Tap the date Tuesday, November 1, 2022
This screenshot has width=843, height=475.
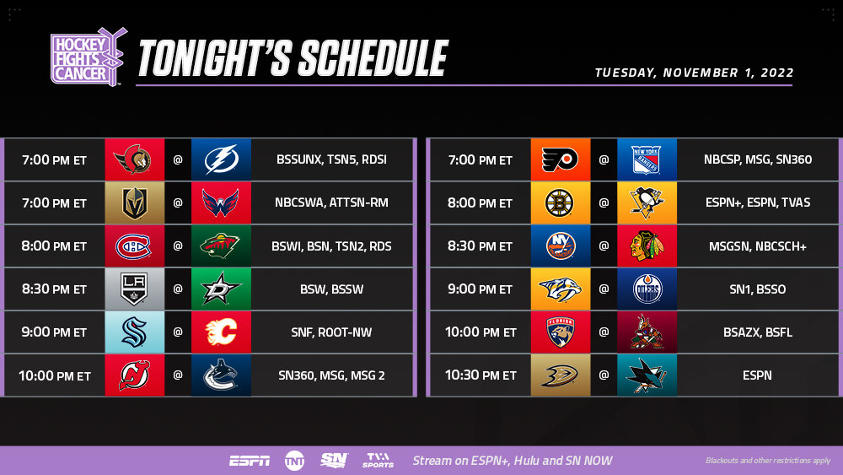(x=694, y=73)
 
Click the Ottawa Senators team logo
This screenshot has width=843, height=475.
(x=132, y=159)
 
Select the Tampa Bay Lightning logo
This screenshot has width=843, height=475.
(x=221, y=159)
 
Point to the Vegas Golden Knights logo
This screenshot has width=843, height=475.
(x=134, y=202)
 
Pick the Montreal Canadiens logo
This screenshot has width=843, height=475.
(x=133, y=246)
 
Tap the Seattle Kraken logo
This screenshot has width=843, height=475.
(x=134, y=332)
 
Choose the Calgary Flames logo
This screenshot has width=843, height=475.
(x=221, y=332)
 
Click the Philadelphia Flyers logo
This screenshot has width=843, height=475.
(x=560, y=159)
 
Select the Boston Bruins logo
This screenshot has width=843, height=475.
(x=560, y=202)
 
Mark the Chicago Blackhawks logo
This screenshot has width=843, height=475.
(x=647, y=246)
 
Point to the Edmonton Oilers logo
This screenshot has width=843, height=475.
(x=647, y=289)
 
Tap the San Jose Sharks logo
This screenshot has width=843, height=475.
(x=647, y=375)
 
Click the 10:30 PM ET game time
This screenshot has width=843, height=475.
(x=481, y=375)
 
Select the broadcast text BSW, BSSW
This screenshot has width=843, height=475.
(x=331, y=289)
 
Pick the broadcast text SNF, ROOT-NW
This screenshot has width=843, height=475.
(x=331, y=332)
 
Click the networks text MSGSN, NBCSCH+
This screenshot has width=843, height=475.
(x=758, y=246)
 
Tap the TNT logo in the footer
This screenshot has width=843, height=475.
(x=294, y=461)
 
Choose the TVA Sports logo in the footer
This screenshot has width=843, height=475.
(x=378, y=461)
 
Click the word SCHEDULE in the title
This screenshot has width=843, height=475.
(x=373, y=58)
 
